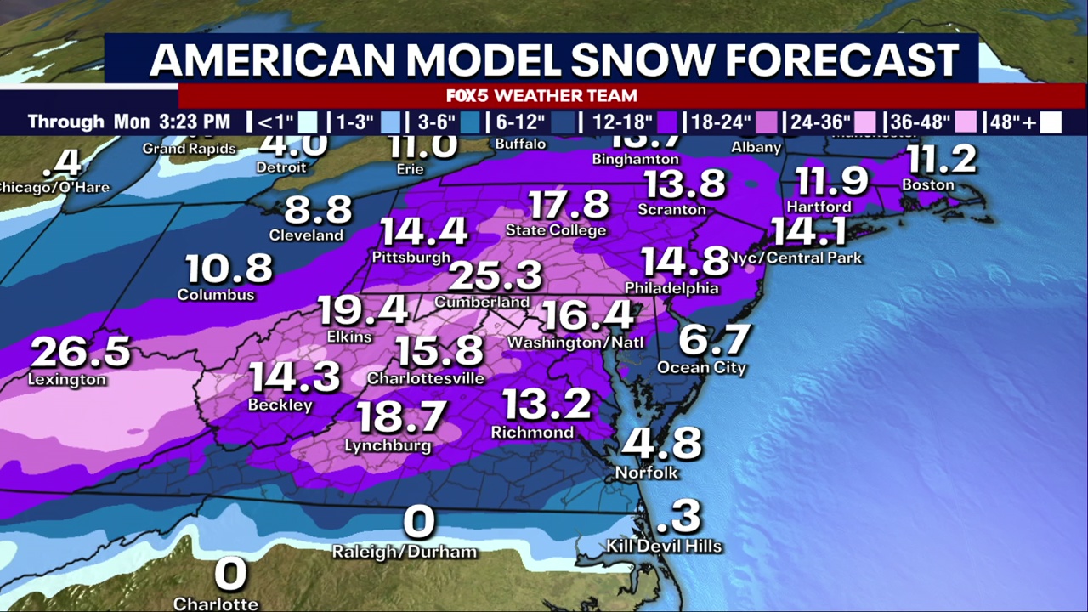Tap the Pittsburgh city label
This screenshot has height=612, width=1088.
click(411, 257)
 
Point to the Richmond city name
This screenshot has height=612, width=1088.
click(532, 433)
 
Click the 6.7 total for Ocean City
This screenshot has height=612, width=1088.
click(715, 341)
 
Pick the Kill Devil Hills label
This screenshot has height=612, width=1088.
click(664, 546)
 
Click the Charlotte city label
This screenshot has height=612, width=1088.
click(216, 604)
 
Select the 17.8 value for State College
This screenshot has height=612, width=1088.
click(569, 205)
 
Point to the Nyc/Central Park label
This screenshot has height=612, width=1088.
click(796, 258)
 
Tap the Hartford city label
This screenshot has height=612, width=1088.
click(819, 207)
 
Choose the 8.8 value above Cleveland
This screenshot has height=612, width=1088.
click(306, 209)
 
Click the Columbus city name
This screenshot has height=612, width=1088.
click(216, 295)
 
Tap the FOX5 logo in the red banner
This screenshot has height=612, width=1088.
click(468, 95)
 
